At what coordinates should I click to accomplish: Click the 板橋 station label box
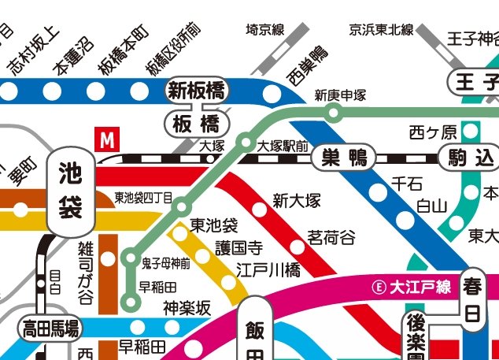(196, 124)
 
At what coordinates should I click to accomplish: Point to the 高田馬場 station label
(50, 327)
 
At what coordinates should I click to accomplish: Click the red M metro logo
(105, 139)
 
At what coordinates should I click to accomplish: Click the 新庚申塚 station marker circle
(334, 113)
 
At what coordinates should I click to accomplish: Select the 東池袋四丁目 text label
(142, 197)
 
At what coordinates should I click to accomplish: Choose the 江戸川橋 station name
(268, 270)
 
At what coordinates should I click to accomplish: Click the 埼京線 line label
(264, 31)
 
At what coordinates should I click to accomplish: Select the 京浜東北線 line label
(382, 31)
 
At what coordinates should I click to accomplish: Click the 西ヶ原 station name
(432, 130)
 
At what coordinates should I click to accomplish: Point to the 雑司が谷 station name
(86, 272)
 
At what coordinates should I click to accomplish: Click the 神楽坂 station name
(187, 309)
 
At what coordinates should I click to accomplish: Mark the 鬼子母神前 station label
(166, 262)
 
